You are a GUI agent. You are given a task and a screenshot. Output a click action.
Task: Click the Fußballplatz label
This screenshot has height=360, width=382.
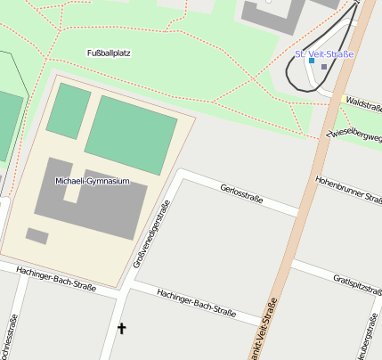tap(109, 53)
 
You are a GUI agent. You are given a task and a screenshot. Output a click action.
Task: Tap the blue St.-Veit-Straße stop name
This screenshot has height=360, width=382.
tap(324, 53)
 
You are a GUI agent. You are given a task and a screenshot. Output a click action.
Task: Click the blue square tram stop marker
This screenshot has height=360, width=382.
tap(311, 61)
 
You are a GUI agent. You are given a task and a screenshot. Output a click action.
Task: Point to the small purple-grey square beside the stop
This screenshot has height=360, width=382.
tap(324, 67)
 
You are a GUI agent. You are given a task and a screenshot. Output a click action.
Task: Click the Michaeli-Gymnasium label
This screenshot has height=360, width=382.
tap(93, 181)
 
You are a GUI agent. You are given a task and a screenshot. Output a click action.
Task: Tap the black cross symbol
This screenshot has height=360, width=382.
tap(122, 329)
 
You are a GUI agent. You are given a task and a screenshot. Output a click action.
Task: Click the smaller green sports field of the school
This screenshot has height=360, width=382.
tap(69, 110)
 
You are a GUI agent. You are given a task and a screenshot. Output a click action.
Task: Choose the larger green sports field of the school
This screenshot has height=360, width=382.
tap(131, 134)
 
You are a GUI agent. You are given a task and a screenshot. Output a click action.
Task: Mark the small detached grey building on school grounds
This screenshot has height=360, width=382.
tap(37, 236)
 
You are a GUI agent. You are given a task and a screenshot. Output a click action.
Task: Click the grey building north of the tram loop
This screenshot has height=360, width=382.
tap(272, 14)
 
